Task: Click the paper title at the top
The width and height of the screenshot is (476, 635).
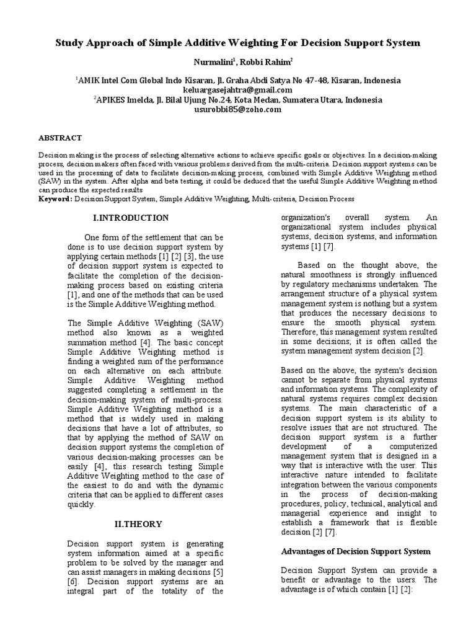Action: [x=238, y=43]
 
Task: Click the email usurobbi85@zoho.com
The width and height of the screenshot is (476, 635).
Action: [x=238, y=109]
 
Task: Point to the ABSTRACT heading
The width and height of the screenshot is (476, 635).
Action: [x=60, y=138]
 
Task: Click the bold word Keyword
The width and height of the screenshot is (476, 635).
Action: [x=55, y=199]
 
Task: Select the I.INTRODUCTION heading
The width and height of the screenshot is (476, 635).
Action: [x=130, y=218]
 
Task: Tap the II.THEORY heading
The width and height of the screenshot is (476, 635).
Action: [x=139, y=524]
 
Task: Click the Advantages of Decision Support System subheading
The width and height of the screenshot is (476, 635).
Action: [x=356, y=551]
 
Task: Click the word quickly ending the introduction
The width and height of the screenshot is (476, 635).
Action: [x=81, y=505]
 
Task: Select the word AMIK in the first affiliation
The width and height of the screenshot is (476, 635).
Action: [x=90, y=81]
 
